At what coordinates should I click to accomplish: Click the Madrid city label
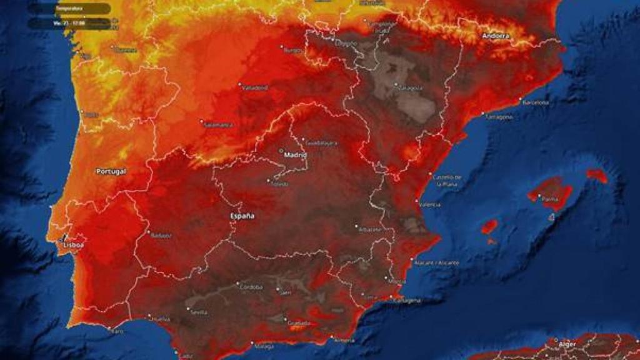pos(296,154)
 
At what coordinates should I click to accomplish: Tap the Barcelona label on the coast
pos(536,102)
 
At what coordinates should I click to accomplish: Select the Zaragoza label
pos(409,88)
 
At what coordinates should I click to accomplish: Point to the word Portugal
pos(111,171)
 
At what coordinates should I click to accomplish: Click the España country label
pos(242,216)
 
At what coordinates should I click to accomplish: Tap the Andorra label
pos(496,36)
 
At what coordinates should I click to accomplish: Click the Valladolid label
pos(255,87)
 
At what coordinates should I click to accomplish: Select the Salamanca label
pos(218,124)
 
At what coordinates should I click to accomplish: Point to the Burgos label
pos(292,50)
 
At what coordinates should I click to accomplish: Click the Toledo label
pos(278,184)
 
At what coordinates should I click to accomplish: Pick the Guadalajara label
pos(322,143)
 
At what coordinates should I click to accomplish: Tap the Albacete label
pos(371,229)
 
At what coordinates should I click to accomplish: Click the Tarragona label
pos(499,117)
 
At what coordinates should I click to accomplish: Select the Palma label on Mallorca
pos(549,199)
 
